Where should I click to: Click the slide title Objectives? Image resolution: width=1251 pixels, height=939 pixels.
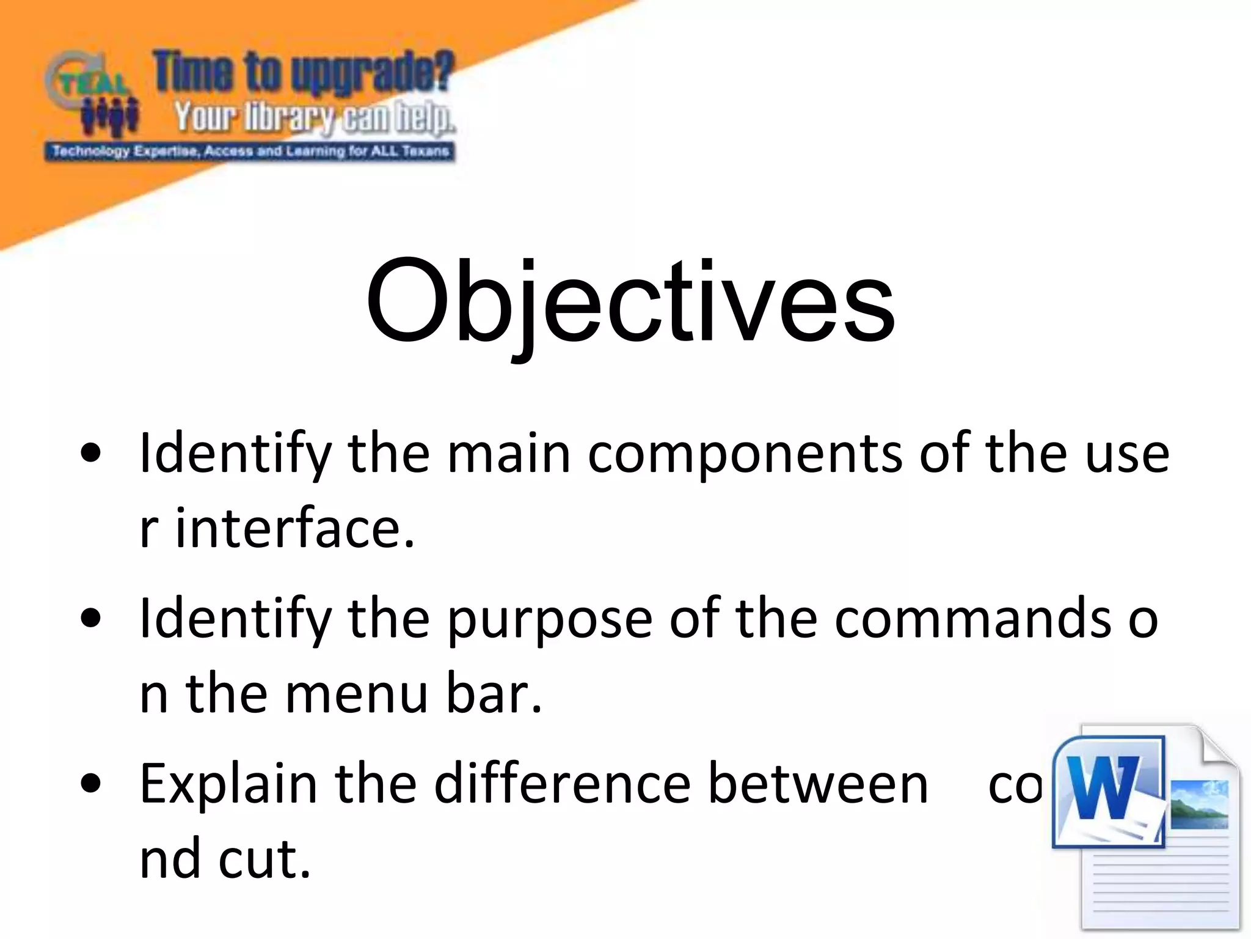point(630,303)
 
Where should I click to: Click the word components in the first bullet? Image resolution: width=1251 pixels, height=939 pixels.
point(746,455)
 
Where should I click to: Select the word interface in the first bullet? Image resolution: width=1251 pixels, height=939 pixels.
point(295,528)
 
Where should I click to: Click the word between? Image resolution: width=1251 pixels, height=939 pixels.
point(818,784)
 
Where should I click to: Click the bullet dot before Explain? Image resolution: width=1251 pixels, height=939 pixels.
point(90,784)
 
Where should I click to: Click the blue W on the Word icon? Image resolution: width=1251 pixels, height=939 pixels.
point(1105,789)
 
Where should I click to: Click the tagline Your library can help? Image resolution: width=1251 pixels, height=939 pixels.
point(314,117)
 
